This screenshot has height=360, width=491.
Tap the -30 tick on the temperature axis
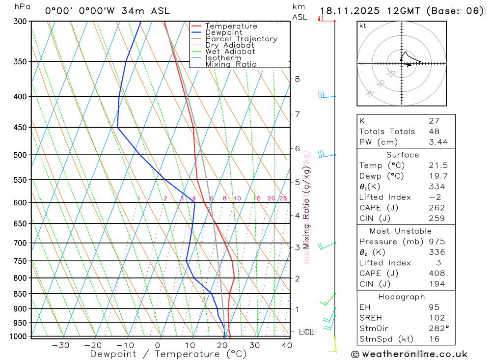[60, 345]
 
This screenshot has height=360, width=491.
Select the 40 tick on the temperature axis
[287, 345]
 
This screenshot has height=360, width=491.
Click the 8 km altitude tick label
[297, 79]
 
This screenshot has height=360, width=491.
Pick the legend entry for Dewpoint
[223, 32]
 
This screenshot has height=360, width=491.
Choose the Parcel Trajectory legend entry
[241, 39]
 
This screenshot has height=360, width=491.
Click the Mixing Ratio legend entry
[231, 64]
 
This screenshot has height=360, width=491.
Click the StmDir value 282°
[437, 328]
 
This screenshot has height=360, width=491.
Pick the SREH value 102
[436, 318]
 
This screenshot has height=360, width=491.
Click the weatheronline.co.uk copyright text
[409, 354]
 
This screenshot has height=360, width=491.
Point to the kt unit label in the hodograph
[363, 26]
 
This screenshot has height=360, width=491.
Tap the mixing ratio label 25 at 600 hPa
[283, 198]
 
